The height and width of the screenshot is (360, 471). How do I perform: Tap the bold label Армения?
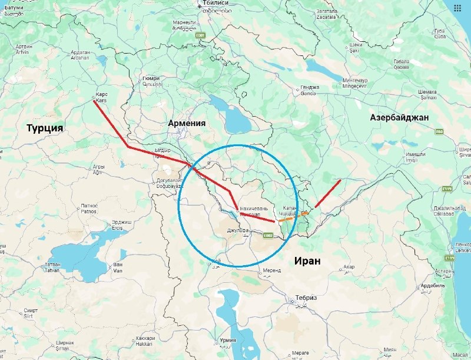coord(187,123)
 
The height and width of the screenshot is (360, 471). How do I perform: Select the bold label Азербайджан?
coord(399,118)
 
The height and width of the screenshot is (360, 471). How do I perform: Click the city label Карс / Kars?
coord(102,97)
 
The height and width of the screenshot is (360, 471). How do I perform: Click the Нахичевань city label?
coord(254,211)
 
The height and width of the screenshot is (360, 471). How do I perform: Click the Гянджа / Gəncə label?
coord(310,90)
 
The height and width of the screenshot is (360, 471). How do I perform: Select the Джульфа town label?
coord(239,232)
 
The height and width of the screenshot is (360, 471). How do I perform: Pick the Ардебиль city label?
coord(450,288)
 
